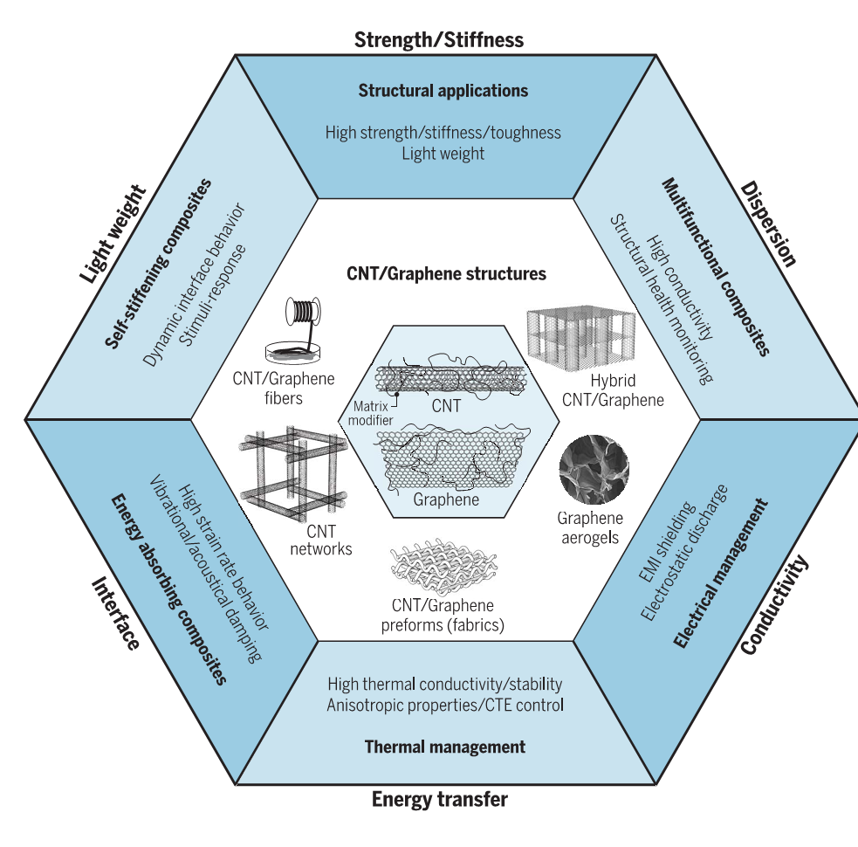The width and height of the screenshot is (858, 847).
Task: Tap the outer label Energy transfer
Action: point(439,798)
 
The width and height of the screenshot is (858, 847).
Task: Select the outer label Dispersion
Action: point(768,224)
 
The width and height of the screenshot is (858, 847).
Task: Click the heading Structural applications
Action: point(443,90)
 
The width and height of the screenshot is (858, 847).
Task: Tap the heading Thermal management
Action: point(444,747)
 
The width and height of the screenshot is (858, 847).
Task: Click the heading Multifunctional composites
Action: point(715,267)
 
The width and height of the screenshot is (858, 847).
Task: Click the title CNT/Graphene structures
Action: point(446,273)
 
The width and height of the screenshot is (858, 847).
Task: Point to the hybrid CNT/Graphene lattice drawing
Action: point(577,341)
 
